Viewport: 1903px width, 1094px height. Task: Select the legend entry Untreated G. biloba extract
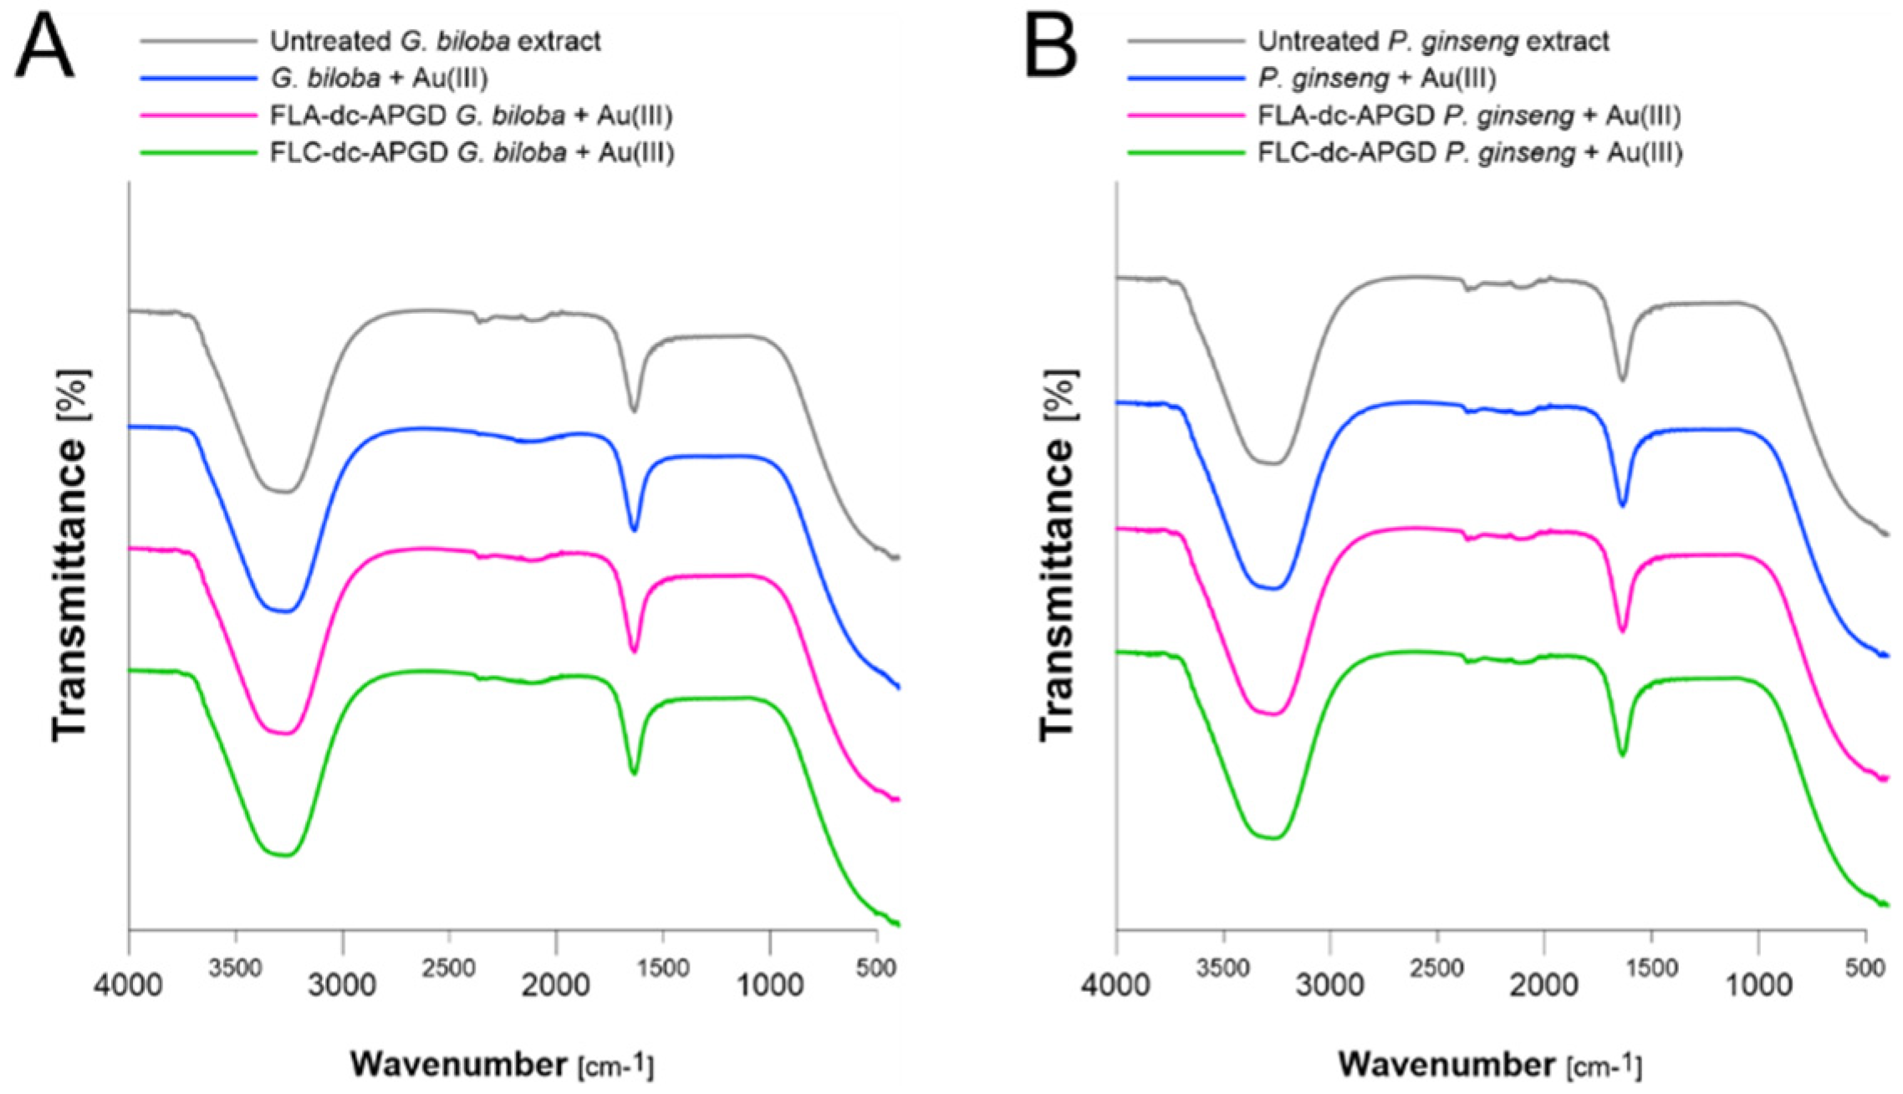coord(435,41)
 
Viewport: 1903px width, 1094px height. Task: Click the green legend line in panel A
coord(198,152)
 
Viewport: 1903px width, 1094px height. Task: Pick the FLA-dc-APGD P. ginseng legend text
coord(1469,115)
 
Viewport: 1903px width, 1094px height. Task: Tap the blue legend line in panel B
coord(1186,78)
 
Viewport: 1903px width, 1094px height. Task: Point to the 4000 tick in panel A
coord(128,984)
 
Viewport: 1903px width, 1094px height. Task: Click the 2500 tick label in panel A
coord(449,969)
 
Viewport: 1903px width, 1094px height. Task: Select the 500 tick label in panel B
coord(1865,969)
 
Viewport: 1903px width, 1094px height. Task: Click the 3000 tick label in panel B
coord(1329,984)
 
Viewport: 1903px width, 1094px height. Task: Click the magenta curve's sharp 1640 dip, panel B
coord(1622,629)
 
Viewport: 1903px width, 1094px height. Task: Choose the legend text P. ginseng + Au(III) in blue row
coord(1376,78)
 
